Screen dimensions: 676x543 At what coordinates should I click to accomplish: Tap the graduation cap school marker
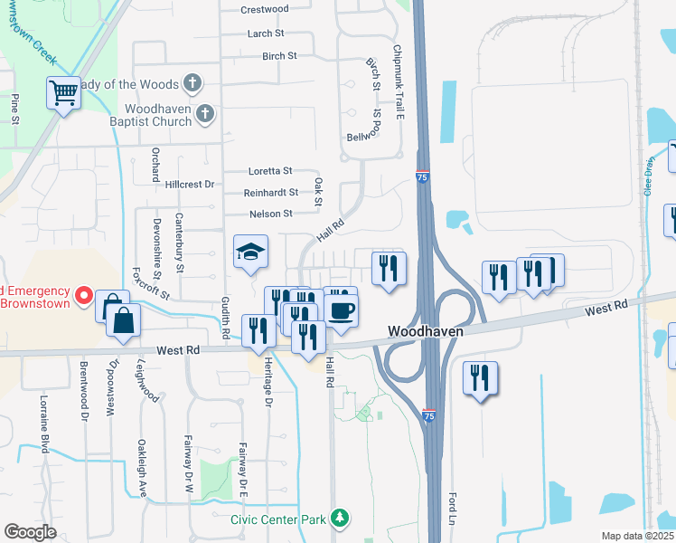[x=251, y=252]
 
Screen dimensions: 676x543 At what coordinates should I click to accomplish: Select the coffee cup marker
[x=341, y=311]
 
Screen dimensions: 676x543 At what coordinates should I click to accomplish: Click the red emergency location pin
[x=83, y=295]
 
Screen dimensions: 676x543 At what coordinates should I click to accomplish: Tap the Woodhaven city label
[x=426, y=332]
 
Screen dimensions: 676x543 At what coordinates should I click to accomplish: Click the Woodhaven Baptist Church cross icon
[x=205, y=113]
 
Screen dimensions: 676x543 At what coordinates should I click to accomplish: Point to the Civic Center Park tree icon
[x=340, y=519]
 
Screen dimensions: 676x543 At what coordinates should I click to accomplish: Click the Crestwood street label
[x=265, y=10]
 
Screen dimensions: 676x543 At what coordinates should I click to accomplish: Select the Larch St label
[x=266, y=33]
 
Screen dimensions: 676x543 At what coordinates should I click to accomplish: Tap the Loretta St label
[x=271, y=170]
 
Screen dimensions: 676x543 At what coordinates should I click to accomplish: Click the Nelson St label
[x=271, y=214]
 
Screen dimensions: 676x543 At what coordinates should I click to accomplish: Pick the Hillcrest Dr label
[x=190, y=185]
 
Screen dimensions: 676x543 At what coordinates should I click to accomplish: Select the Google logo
[x=30, y=532]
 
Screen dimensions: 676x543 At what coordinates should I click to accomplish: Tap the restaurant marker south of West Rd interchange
[x=481, y=377]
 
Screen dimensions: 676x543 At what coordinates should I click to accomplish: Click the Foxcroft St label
[x=150, y=281]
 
